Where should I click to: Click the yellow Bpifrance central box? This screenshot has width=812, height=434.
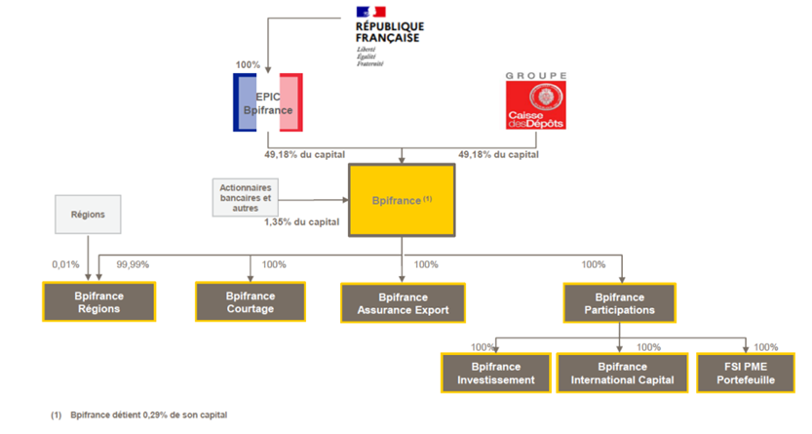[x=402, y=199]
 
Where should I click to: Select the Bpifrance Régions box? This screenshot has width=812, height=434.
[x=98, y=302]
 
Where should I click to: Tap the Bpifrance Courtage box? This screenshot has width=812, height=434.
[x=251, y=302]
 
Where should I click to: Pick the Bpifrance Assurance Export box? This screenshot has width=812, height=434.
[x=401, y=303]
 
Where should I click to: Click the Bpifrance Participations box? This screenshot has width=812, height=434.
[x=620, y=303]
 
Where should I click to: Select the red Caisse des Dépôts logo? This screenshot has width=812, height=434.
[x=535, y=105]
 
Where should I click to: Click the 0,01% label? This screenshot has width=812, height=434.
[x=64, y=264]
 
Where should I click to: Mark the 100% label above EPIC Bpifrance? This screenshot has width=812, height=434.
[x=248, y=65]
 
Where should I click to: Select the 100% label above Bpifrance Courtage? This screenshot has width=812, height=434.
[x=274, y=264]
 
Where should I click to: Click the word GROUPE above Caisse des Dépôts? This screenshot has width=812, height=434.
[x=535, y=75]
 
